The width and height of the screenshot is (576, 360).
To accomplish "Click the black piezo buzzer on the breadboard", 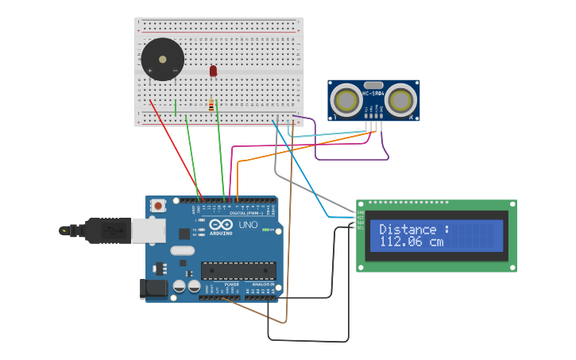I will (162, 59).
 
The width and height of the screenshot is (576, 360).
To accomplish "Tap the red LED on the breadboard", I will (213, 71).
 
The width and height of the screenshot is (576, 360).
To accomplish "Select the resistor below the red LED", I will (211, 105).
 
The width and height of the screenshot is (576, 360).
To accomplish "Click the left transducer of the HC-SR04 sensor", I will (346, 100).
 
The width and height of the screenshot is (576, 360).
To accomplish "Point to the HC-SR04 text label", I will (373, 94).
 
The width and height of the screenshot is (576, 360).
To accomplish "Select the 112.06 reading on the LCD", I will (403, 242).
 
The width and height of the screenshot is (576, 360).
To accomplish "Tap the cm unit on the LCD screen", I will (436, 242).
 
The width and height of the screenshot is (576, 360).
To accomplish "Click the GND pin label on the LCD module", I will (360, 212).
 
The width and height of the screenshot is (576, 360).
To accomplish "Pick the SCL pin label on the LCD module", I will (360, 227).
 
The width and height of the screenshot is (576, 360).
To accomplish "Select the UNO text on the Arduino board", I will (248, 225).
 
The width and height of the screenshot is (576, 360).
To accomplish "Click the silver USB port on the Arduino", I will (148, 230).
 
